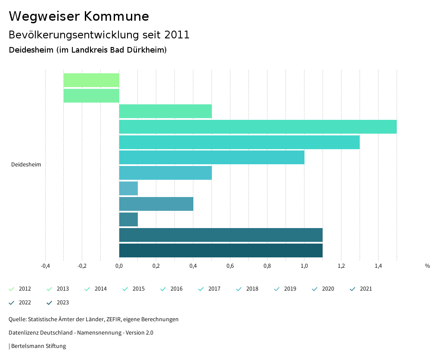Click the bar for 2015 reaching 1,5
tap(258, 127)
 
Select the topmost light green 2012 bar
tap(91, 80)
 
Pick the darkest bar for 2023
tap(220, 250)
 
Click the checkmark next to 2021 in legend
tap(353, 289)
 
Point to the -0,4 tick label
tap(45, 266)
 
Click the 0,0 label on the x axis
tap(119, 266)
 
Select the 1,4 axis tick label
tap(378, 266)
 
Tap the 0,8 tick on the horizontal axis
tap(267, 266)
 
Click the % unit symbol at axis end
tap(427, 266)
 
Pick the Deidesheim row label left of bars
tap(26, 165)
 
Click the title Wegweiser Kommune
tap(79, 16)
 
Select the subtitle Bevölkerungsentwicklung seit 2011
tap(99, 35)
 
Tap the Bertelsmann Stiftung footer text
tap(38, 346)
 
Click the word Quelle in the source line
tap(17, 319)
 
